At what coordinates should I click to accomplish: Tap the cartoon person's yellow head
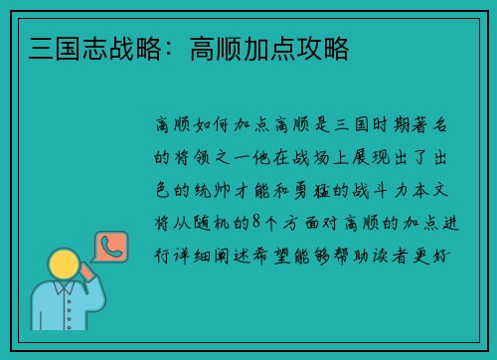click(x=64, y=266)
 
